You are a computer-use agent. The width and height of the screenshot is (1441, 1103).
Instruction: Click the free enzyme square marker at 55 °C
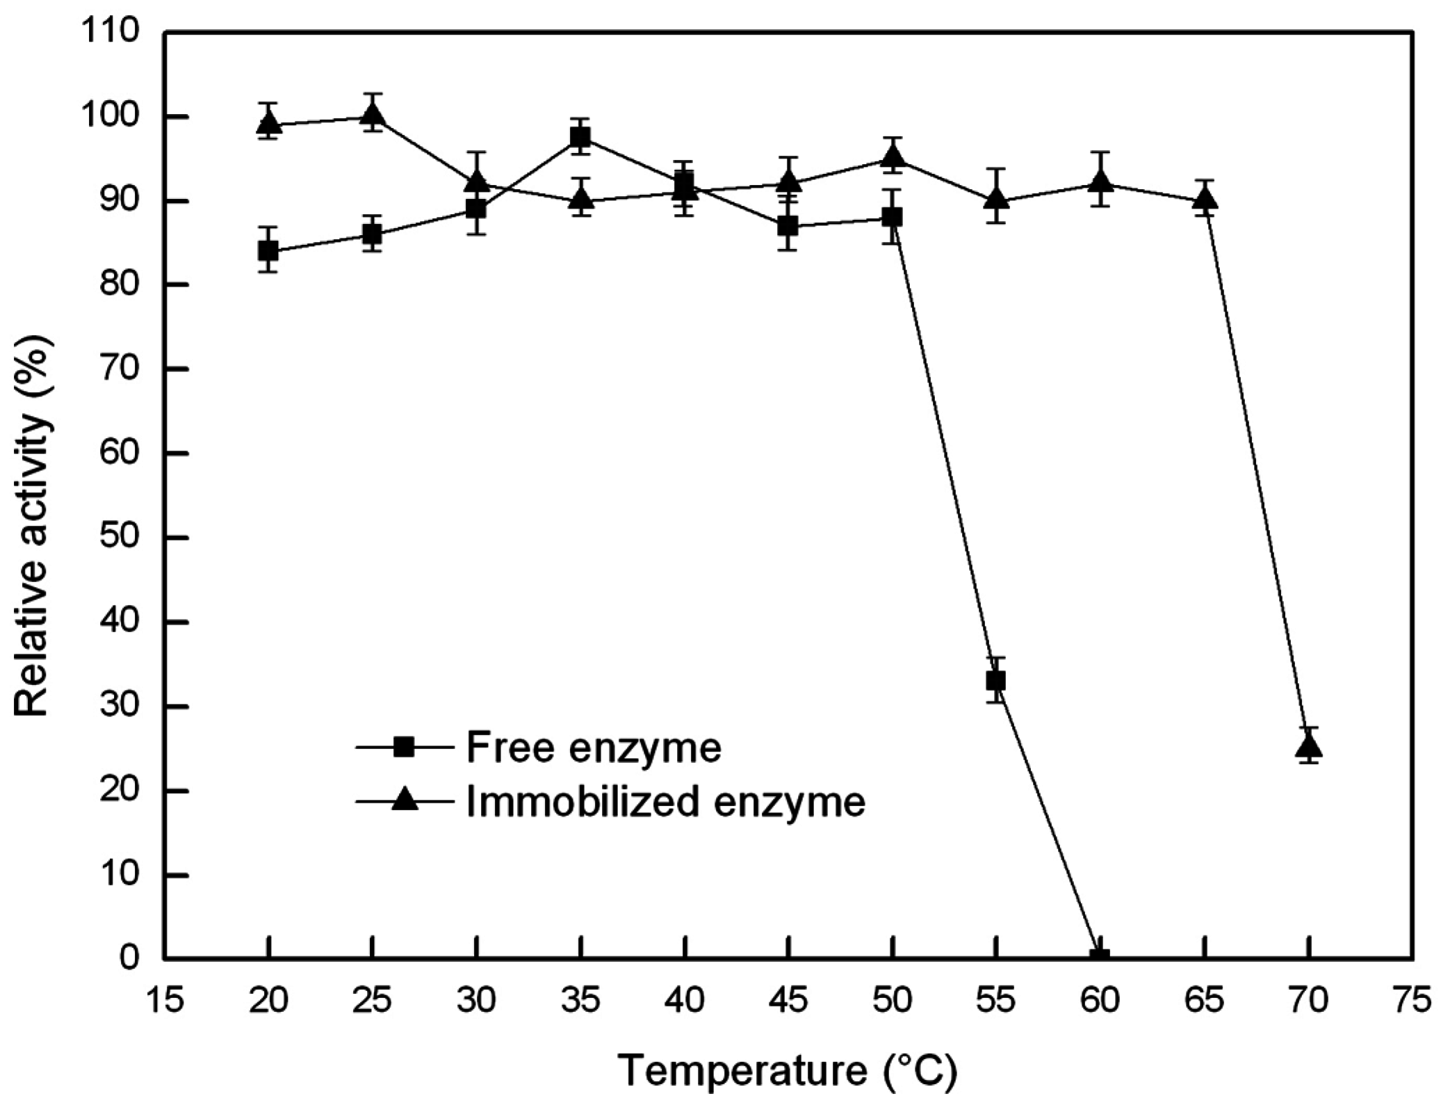click(x=996, y=680)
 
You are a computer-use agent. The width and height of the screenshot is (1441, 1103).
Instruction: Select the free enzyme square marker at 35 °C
click(x=580, y=138)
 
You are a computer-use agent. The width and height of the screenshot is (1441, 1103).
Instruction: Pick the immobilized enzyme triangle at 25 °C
click(x=373, y=113)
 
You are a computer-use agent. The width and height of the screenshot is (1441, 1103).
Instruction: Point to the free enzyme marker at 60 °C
click(x=1100, y=956)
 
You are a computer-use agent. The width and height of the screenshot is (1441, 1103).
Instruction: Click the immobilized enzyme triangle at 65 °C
click(x=1205, y=200)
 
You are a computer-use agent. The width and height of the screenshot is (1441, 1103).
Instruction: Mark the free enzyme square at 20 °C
click(x=268, y=250)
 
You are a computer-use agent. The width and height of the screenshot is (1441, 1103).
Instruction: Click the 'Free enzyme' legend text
click(x=594, y=748)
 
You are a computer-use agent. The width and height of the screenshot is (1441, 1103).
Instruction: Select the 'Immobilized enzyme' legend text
click(x=666, y=802)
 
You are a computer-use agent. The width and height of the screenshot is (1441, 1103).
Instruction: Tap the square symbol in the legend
click(x=404, y=748)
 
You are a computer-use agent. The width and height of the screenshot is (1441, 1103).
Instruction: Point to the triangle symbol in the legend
click(x=404, y=801)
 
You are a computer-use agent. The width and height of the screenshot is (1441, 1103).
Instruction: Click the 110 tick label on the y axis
click(x=120, y=32)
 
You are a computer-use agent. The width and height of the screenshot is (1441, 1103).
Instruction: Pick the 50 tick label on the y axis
click(x=120, y=538)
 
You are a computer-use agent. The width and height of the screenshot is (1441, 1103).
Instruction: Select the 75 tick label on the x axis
click(x=1412, y=1001)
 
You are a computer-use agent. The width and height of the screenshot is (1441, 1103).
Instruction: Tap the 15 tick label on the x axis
click(x=164, y=1001)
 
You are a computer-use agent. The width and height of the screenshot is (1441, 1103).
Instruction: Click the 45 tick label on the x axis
click(x=788, y=1001)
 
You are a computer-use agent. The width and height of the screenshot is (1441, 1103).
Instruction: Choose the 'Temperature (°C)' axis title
click(x=788, y=1070)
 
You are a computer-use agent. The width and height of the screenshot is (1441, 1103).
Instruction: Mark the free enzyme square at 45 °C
click(x=788, y=226)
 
